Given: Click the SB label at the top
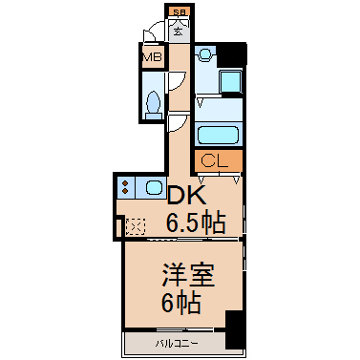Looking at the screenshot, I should tap(179, 11).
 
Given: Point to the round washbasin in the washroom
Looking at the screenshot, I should tap(205, 56).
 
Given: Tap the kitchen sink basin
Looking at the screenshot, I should tap(153, 187).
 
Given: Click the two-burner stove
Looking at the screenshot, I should tap(127, 187).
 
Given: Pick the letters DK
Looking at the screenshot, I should tap(187, 195).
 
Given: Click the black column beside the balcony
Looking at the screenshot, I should tap(234, 330).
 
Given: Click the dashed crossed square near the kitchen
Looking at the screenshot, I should tap(136, 228).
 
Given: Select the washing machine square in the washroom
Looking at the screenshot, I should tap(230, 82).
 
